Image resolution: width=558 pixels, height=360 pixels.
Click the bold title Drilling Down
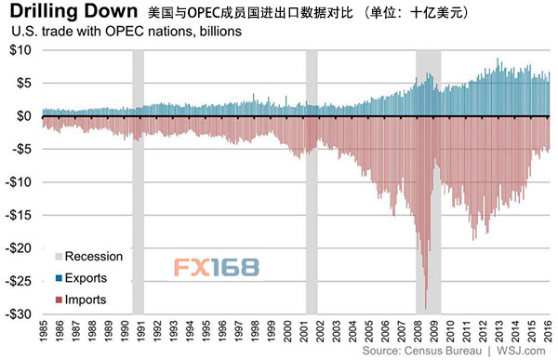pos(73,11)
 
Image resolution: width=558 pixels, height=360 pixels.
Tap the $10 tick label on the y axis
pos(20,50)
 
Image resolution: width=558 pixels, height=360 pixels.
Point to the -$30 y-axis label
pos(19,314)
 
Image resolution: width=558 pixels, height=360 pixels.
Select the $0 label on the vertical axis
pos(24,116)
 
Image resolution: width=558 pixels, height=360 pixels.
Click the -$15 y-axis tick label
pos(19,215)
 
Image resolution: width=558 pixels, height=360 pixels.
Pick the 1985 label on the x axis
pos(44,331)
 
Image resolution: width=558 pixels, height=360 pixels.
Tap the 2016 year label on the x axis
pos(549,331)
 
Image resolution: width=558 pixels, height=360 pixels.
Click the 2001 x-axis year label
pos(305,331)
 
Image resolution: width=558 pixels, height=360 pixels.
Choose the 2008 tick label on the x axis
pos(418,331)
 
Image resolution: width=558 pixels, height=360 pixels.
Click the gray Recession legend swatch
pos(59,257)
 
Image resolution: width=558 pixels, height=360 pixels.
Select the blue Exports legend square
pos(59,278)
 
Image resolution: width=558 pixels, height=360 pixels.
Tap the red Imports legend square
pos(59,300)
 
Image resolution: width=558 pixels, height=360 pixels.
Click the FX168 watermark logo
pos(217,267)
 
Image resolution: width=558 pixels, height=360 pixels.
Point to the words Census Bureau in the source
pos(443,351)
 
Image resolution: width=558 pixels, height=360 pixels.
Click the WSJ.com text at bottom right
pos(521,351)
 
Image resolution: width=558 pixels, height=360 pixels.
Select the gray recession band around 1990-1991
pos(138,182)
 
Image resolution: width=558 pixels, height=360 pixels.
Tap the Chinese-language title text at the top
pos(308,13)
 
